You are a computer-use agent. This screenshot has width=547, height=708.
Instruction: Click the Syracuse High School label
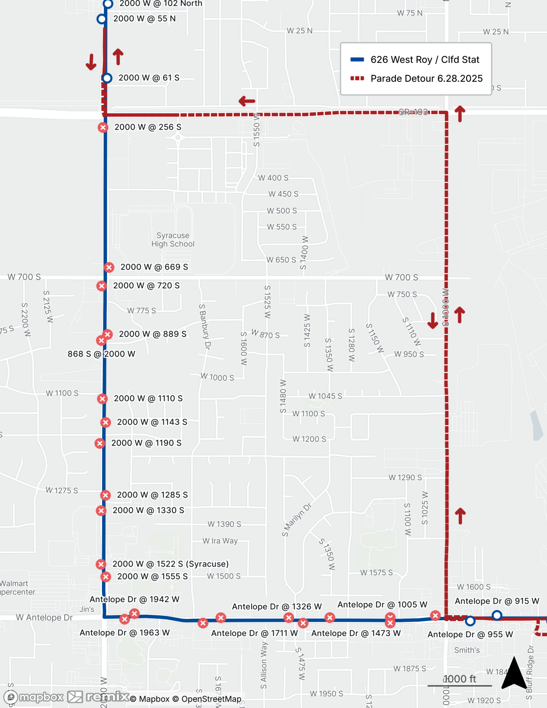[173, 240]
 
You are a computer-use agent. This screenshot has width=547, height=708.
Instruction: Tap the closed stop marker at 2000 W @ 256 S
[103, 127]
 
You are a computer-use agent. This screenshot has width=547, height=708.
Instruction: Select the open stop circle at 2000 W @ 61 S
[107, 78]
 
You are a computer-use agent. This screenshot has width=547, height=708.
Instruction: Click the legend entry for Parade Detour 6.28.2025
[426, 78]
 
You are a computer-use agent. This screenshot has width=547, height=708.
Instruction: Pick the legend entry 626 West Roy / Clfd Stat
[425, 59]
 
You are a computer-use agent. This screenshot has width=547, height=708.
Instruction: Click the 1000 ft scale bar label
[460, 679]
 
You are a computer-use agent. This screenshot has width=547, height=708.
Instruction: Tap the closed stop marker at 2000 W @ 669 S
[109, 267]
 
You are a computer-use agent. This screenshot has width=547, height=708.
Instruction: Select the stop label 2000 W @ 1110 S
[148, 398]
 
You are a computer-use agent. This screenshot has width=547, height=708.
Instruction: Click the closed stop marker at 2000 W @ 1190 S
[100, 443]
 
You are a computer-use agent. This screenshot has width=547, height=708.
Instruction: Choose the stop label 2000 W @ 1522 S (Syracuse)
[170, 564]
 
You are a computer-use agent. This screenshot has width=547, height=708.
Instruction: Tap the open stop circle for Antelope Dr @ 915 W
[497, 615]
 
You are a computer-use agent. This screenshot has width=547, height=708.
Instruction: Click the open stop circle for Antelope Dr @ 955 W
[470, 621]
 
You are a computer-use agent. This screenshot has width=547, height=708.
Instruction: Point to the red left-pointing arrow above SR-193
[247, 101]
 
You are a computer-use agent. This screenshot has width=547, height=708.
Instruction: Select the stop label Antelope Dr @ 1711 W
[254, 633]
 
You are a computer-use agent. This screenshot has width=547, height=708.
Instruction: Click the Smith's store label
[467, 650]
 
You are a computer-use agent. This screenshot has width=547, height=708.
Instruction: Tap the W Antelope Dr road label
[44, 617]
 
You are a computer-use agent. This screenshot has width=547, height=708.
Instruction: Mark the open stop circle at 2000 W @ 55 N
[102, 19]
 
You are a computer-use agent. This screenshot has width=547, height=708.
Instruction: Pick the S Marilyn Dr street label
[297, 520]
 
